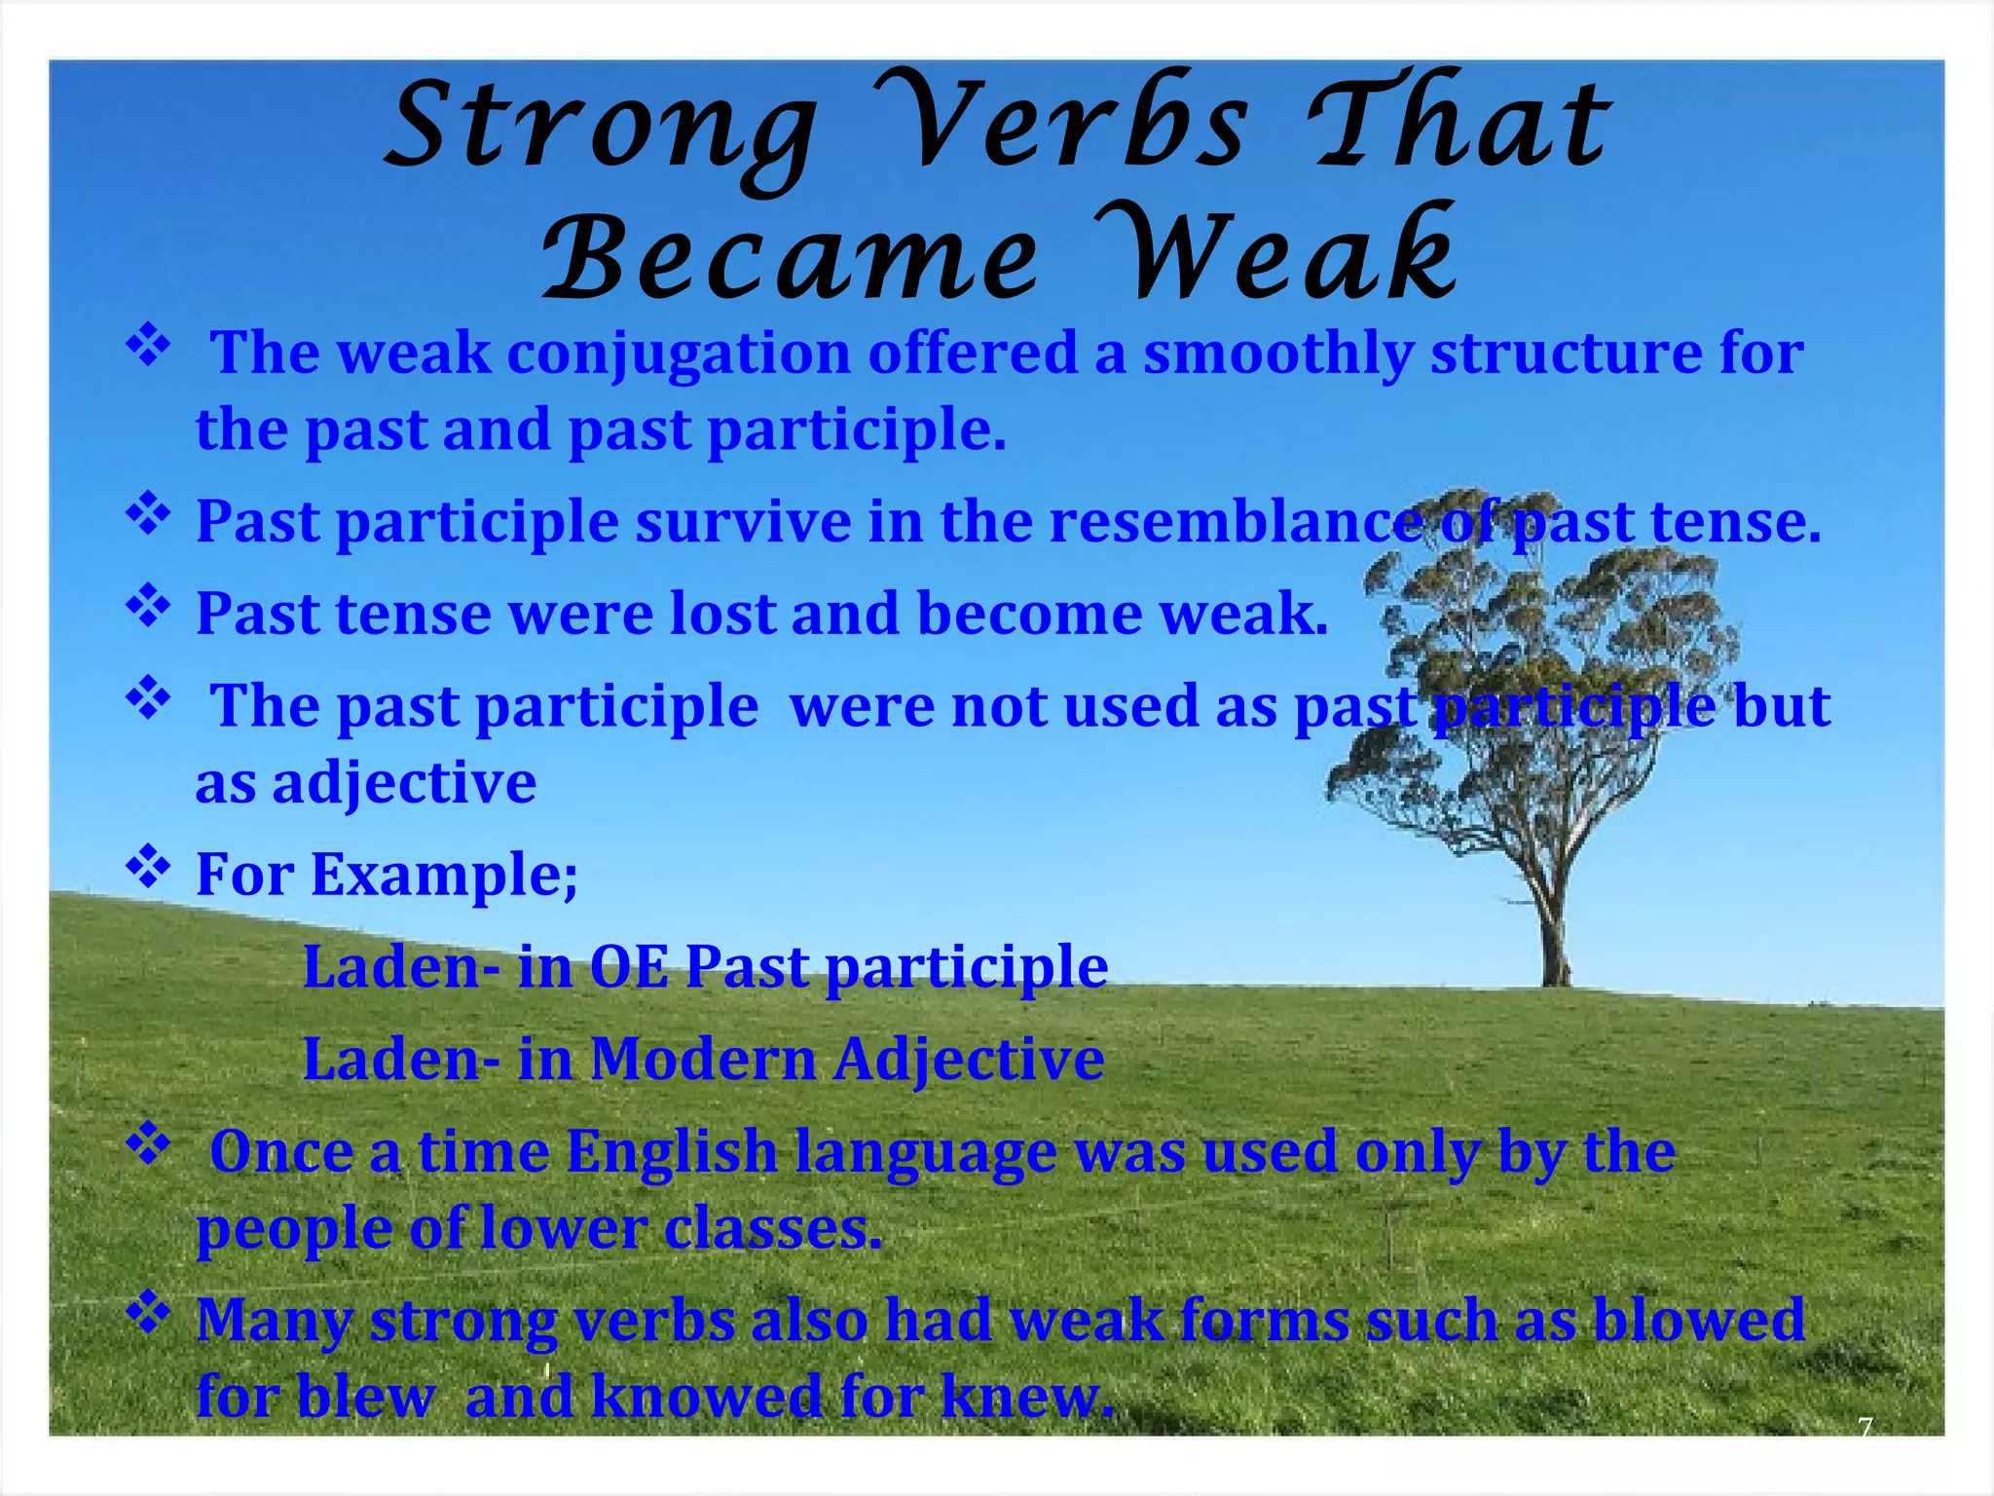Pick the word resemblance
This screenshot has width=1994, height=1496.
(1236, 522)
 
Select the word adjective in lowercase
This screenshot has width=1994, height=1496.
(404, 783)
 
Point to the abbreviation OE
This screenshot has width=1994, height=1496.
(628, 967)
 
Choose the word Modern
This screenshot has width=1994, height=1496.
(703, 1059)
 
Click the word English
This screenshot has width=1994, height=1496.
(671, 1152)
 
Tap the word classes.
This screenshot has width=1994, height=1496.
(773, 1229)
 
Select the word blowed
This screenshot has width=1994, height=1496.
(1699, 1321)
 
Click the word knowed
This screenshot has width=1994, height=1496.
(706, 1397)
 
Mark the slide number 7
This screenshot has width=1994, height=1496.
(1865, 1428)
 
